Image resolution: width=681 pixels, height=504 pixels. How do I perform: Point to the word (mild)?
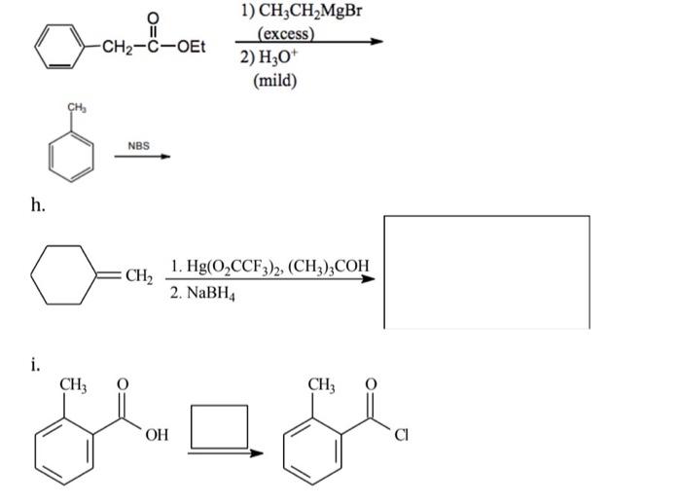274,79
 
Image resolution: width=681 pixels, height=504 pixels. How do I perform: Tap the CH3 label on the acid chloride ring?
321,387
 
